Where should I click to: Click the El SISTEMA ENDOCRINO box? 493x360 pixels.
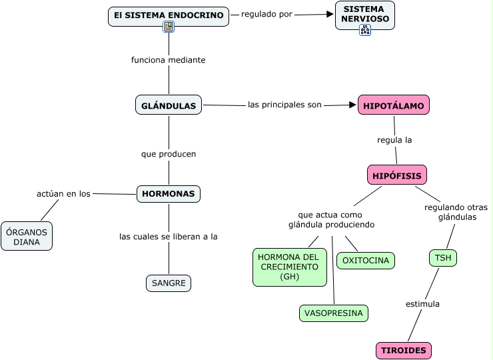pyautogui.click(x=169, y=15)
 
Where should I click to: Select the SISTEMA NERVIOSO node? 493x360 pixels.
pyautogui.click(x=364, y=14)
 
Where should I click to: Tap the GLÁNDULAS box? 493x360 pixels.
pyautogui.click(x=169, y=105)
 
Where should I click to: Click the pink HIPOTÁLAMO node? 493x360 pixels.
pyautogui.click(x=394, y=105)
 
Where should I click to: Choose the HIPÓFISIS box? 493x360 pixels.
pyautogui.click(x=396, y=175)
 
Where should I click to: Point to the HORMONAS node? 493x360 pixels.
pyautogui.click(x=169, y=194)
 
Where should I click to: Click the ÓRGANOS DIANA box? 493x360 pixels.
pyautogui.click(x=27, y=237)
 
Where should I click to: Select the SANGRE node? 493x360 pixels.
pyautogui.click(x=169, y=283)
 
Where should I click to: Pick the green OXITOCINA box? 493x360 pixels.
pyautogui.click(x=366, y=261)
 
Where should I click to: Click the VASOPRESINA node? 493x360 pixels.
pyautogui.click(x=334, y=313)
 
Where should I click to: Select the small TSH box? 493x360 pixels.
pyautogui.click(x=443, y=258)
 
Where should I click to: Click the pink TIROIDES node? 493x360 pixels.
pyautogui.click(x=404, y=351)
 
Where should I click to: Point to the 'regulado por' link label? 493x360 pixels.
pyautogui.click(x=266, y=14)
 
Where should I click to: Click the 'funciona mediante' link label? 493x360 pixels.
pyautogui.click(x=169, y=60)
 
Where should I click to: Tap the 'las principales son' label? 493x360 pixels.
pyautogui.click(x=284, y=105)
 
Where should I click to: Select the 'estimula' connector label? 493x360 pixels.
pyautogui.click(x=423, y=304)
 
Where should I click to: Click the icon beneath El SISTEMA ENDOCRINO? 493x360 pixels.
pyautogui.click(x=169, y=27)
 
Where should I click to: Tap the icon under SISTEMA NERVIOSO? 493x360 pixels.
pyautogui.click(x=364, y=30)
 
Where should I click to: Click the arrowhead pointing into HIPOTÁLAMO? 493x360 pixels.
pyautogui.click(x=353, y=105)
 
